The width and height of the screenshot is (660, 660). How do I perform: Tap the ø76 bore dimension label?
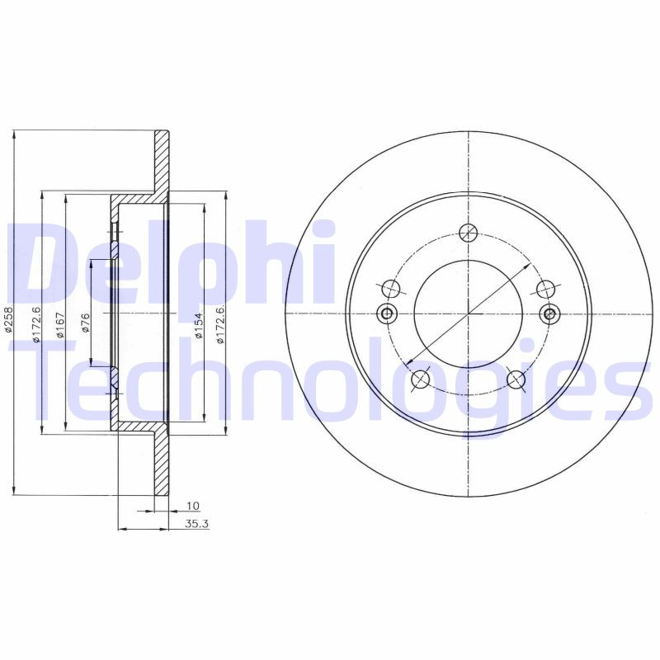click(85, 323)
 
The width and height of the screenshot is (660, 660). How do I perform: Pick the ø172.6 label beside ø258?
click(35, 322)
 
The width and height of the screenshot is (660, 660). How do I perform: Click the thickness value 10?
click(193, 505)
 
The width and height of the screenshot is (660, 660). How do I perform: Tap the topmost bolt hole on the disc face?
click(468, 232)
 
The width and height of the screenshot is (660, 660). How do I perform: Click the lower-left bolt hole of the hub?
click(420, 379)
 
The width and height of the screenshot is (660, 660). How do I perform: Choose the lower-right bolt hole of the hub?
click(516, 379)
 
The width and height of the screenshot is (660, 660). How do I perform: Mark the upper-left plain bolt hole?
click(391, 289)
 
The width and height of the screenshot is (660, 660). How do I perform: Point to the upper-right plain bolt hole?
click(545, 289)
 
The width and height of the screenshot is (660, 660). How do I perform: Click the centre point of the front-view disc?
click(468, 313)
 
